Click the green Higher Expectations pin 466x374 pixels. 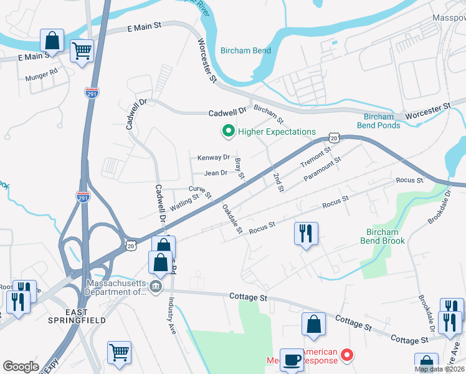[x=228, y=132]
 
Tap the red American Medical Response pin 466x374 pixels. [x=348, y=357]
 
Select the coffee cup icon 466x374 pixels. [x=292, y=360]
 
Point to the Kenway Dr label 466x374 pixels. [x=214, y=158]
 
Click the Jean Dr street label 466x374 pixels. [x=216, y=173]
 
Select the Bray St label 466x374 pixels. [x=240, y=168]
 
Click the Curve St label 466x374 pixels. [x=200, y=188]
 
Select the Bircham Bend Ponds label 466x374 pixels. [x=382, y=121]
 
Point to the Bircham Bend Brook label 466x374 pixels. [x=383, y=236]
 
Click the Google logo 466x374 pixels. [x=21, y=367]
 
